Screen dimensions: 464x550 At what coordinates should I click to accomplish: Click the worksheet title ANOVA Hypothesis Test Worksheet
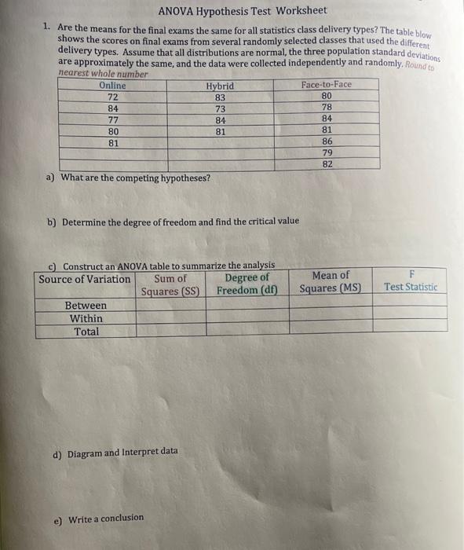point(242,11)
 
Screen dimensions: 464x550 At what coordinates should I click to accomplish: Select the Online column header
point(112,85)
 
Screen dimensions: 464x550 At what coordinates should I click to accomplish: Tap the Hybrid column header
point(220,86)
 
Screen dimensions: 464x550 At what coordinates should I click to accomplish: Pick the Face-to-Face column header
point(327,84)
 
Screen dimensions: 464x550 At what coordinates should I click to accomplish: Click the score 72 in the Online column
point(112,97)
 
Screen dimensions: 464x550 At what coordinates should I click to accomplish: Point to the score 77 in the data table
point(112,121)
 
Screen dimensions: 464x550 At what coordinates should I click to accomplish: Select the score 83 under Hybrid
point(220,97)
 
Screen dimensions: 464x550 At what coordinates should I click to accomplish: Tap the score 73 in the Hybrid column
point(220,109)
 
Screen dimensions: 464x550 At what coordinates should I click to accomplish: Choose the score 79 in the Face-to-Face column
point(327,152)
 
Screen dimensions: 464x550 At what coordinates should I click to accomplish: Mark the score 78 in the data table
point(327,107)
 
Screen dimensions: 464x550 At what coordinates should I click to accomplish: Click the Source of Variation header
point(85,280)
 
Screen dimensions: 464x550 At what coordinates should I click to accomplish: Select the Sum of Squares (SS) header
point(170,284)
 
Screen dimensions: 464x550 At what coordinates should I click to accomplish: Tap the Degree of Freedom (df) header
point(247,284)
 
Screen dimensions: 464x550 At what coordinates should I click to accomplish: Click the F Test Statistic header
point(410,281)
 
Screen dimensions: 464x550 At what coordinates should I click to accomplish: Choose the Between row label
point(86,305)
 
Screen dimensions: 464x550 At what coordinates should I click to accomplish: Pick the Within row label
point(86,318)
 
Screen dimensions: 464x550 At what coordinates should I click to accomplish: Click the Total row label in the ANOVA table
point(86,332)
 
